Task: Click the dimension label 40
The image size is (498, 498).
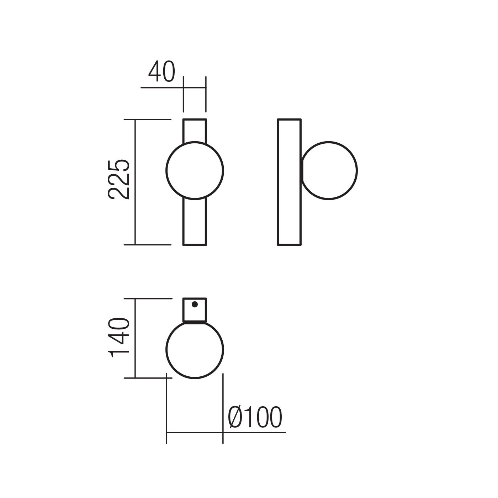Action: pos(161,71)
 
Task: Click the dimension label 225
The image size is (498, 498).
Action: pos(118,180)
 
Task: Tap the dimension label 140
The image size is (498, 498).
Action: pos(118,337)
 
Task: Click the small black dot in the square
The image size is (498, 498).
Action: pos(195,304)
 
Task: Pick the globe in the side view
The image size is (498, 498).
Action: pos(357,171)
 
